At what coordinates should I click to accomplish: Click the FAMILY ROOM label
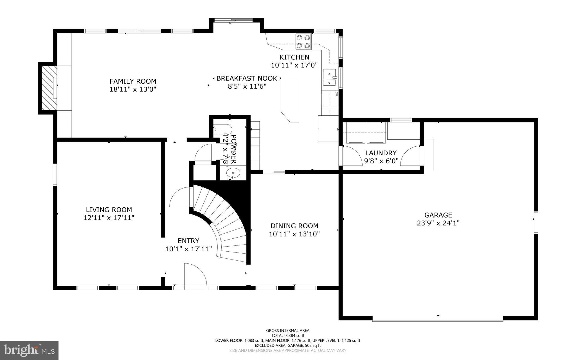tap(133, 81)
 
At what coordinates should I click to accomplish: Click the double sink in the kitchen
tap(329, 78)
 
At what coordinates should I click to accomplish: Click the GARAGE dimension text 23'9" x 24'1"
tap(438, 223)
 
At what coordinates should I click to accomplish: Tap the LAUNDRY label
tap(381, 153)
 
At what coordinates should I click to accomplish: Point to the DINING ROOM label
tap(294, 226)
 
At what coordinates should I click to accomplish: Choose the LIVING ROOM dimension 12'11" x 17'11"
tap(109, 218)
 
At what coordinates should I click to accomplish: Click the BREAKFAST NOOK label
tap(247, 78)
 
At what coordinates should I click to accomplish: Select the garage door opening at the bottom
tap(438, 319)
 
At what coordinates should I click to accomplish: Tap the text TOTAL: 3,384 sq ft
tap(288, 336)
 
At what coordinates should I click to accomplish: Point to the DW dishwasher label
tap(336, 94)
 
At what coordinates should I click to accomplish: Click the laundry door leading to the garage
tap(411, 156)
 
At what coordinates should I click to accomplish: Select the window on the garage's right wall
tap(536, 222)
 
